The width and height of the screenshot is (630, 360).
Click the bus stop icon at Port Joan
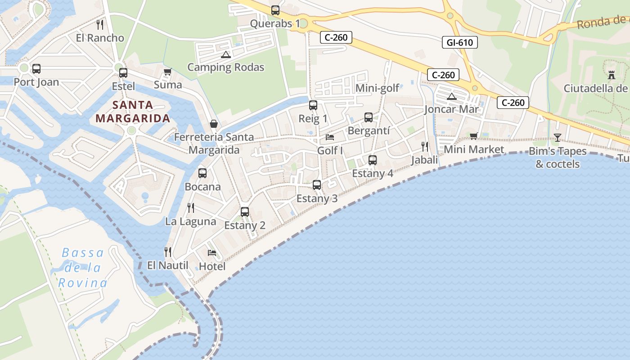[x=36, y=69]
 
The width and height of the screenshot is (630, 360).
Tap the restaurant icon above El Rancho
[x=100, y=24]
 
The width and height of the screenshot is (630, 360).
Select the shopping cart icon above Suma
[x=168, y=72]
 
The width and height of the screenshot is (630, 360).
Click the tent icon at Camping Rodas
[x=225, y=55]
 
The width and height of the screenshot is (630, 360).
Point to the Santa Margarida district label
[x=133, y=112]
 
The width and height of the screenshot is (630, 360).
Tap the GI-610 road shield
[x=459, y=43]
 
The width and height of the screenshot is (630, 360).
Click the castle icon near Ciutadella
[x=611, y=75]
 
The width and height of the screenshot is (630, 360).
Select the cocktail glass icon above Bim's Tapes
[x=558, y=138]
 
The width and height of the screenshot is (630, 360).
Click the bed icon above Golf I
[x=330, y=137]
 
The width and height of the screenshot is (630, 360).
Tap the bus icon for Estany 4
[x=372, y=160]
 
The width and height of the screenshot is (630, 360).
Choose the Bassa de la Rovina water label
[x=83, y=268]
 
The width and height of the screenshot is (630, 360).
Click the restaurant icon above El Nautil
[x=168, y=252]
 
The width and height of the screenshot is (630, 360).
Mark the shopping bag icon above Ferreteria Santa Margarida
[x=214, y=123]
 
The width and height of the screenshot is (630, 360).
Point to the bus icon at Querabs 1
[x=275, y=10]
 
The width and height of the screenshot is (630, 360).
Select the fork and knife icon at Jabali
[x=424, y=146]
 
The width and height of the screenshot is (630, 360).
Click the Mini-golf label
[x=377, y=88]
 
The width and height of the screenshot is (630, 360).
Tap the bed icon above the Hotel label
[x=212, y=252]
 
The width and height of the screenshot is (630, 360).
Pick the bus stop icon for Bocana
[x=202, y=173]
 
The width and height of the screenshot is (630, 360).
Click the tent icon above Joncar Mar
[x=452, y=96]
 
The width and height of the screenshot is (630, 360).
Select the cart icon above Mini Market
[x=473, y=136]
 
